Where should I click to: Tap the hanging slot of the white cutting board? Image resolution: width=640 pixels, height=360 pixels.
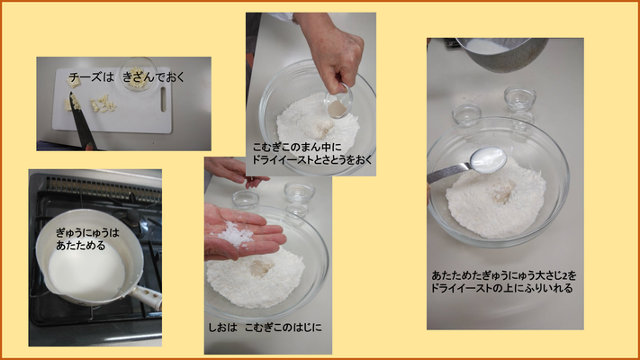point(163,99)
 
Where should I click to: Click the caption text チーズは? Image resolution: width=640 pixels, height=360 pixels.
point(91,76)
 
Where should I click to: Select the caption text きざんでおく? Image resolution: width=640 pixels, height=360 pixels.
point(154,76)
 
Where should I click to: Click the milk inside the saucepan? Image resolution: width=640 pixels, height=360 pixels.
point(86,273)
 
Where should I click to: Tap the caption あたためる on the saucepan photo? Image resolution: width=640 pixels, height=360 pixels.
point(80,246)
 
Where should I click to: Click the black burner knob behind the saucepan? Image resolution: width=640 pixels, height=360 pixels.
point(131,216)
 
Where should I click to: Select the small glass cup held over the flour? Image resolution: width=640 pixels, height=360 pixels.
point(338,102)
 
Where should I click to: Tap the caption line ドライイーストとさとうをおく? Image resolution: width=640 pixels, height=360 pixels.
point(311,159)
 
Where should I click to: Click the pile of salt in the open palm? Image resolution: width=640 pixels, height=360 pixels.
point(235,235)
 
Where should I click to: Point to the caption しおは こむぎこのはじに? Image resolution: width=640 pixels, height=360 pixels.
point(265,327)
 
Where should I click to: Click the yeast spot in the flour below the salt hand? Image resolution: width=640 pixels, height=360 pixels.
point(261,268)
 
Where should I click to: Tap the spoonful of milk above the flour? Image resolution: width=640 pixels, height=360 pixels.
point(488,159)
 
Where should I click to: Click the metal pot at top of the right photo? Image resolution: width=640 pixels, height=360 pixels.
point(503,54)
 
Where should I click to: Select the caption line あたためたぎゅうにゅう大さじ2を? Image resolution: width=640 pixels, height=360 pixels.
point(504,275)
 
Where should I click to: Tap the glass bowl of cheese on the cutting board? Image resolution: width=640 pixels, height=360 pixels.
point(139,74)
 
